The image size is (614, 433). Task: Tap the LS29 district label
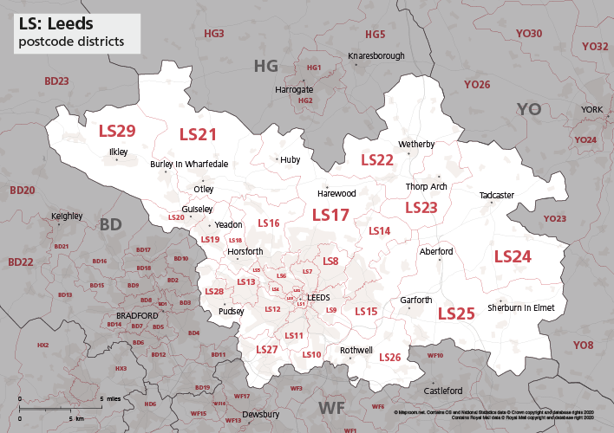[x=117, y=131]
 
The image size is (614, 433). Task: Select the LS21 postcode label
[x=198, y=134]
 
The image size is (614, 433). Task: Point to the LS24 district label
[x=513, y=256]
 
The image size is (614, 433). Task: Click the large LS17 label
[x=330, y=214]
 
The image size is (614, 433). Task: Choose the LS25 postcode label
[x=456, y=313]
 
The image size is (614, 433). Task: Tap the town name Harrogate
[x=294, y=89]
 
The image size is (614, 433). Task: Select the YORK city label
[x=591, y=110]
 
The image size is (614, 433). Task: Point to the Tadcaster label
[x=497, y=196]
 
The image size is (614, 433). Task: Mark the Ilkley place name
[x=118, y=152]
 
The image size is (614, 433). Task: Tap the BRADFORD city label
[x=137, y=315]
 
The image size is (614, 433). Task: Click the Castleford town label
[x=442, y=391]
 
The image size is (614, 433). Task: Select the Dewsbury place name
[x=261, y=414]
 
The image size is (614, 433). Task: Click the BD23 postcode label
[x=56, y=81]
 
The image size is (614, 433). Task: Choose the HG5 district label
[x=375, y=35]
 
